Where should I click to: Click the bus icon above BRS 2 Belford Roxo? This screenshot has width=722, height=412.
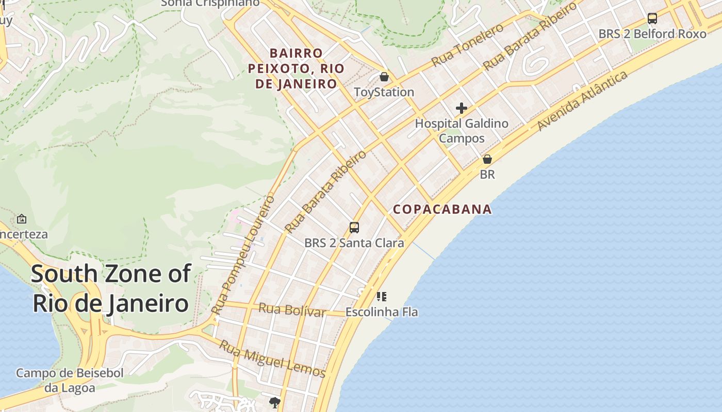point(652,19)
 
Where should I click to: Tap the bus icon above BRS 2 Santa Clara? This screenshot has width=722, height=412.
point(354,227)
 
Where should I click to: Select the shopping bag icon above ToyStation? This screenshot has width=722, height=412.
point(384,77)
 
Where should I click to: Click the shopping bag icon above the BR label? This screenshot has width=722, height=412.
point(487,159)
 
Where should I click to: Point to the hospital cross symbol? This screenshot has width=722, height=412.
point(462,108)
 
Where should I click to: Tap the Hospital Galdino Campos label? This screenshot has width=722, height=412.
point(462,131)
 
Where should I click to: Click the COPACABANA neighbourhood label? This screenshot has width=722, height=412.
point(442,209)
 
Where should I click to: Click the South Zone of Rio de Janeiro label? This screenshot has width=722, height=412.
point(111,288)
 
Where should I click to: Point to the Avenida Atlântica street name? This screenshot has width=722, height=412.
point(583,101)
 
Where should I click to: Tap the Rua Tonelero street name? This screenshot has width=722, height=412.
point(467,45)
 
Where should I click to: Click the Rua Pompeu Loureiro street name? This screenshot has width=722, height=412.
point(243,255)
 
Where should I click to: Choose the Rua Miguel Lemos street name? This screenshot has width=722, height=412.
point(272,359)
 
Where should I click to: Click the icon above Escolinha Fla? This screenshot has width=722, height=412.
point(382,296)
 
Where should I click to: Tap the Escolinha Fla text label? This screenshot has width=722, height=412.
point(382,312)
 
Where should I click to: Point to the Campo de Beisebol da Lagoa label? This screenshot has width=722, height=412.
point(70,380)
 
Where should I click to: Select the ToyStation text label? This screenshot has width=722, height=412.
point(384,92)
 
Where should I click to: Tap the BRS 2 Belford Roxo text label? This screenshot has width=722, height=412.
point(652,34)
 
